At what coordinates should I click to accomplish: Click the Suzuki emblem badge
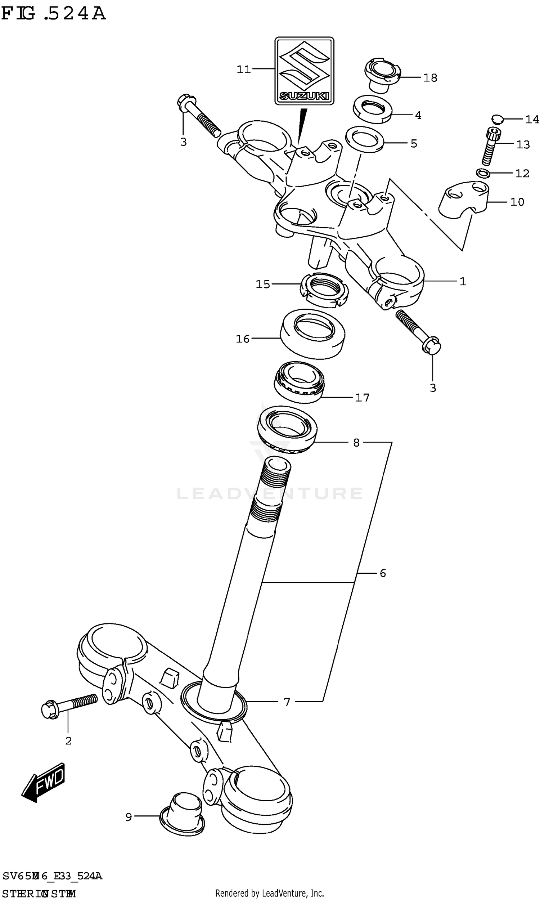pos(304,71)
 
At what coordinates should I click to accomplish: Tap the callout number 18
pos(430,78)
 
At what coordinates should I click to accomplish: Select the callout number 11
pos(244,69)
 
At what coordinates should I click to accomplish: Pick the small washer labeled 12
pos(482,173)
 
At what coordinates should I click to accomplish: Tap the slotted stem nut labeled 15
pos(324,290)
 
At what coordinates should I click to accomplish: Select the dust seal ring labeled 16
pos(312,333)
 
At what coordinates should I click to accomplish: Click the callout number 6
pos(382,574)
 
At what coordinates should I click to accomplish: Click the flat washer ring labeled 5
pos(365,139)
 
